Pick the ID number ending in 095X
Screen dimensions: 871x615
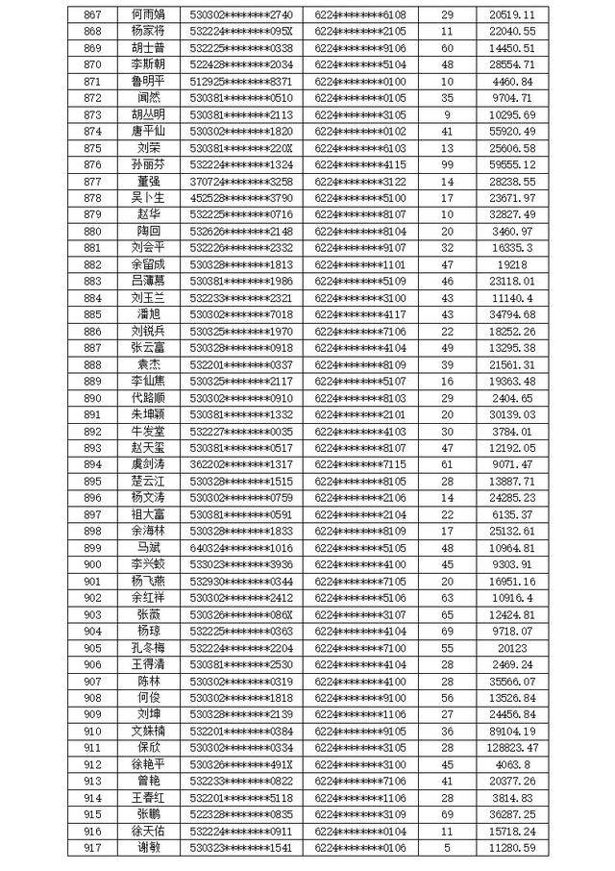click(241, 32)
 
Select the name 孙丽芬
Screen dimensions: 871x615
click(149, 165)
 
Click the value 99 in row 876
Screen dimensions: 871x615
click(447, 165)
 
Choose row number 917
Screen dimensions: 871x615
click(92, 847)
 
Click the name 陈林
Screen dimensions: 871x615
click(149, 681)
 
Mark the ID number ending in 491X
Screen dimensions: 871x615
click(241, 764)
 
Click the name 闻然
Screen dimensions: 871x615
click(149, 98)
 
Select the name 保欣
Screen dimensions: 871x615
click(149, 747)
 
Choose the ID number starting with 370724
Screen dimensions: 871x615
click(241, 182)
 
